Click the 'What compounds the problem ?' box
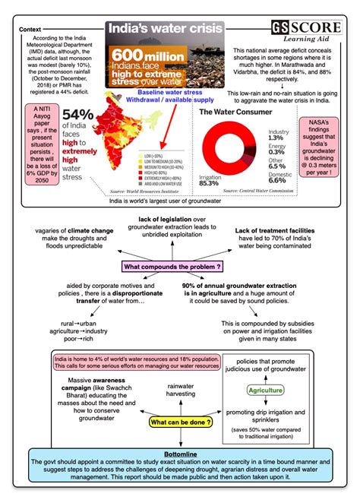point(172,266)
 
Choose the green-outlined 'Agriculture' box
point(264,391)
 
